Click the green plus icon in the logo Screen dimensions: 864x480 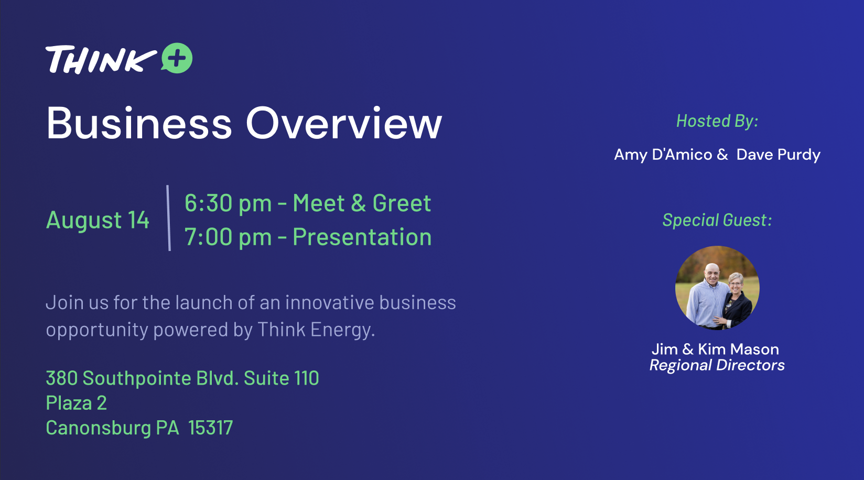click(x=177, y=58)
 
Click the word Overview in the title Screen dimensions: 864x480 click(x=344, y=123)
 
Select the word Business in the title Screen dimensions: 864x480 click(x=139, y=123)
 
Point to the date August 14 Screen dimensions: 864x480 click(x=98, y=220)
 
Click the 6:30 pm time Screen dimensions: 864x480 click(x=228, y=203)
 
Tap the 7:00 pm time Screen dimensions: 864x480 click(x=228, y=237)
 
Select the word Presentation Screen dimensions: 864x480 click(x=362, y=237)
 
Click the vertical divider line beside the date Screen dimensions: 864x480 click(x=169, y=218)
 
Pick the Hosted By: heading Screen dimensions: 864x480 click(x=717, y=121)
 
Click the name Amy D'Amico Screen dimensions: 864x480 click(x=663, y=155)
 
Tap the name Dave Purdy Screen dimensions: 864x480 click(x=779, y=155)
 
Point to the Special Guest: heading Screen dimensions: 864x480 click(x=717, y=220)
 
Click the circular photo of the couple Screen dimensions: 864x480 click(x=717, y=288)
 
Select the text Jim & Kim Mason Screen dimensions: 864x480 click(x=716, y=350)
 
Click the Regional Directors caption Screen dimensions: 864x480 click(x=717, y=365)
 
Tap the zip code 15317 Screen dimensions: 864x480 click(x=211, y=428)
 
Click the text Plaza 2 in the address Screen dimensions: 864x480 click(x=77, y=403)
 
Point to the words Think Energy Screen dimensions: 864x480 click(x=316, y=330)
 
